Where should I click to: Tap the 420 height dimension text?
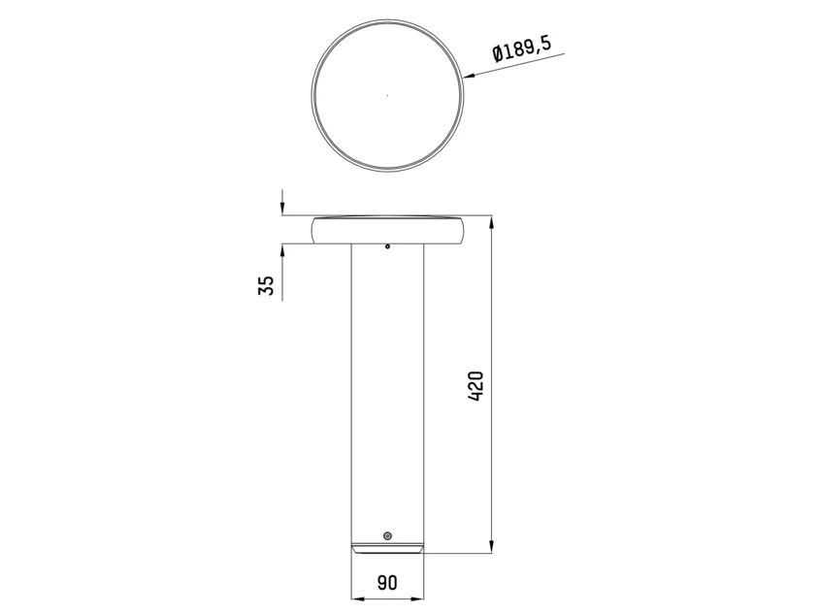point(475,386)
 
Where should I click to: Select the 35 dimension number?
point(266,285)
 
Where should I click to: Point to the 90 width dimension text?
point(387,582)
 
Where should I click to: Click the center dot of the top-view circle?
point(387,96)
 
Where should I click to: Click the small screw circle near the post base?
point(387,535)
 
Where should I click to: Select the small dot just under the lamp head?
point(387,246)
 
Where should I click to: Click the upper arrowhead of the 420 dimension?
point(491,222)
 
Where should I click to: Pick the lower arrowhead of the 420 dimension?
point(491,546)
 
